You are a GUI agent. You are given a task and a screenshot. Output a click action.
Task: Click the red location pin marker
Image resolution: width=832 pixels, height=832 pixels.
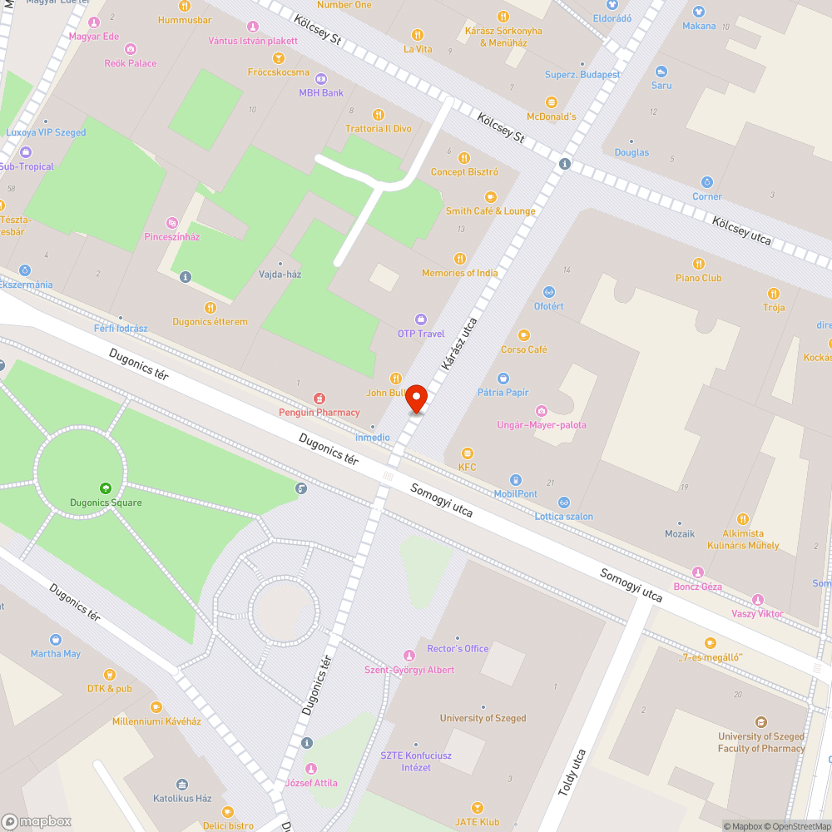tap(416, 399)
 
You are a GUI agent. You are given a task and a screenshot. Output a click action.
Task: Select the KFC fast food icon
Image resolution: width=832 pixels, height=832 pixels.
tap(468, 453)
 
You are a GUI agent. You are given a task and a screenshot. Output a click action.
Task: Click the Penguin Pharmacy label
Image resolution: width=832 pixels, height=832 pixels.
tap(319, 412)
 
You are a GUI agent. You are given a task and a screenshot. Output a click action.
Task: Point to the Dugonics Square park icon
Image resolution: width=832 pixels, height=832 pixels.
tap(105, 488)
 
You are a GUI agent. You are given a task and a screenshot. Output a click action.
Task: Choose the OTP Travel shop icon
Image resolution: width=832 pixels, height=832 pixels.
tap(421, 319)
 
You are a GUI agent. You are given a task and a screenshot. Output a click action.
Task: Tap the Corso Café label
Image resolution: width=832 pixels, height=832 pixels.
tap(524, 349)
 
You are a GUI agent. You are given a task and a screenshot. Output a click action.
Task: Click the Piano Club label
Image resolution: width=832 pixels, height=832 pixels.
tap(699, 278)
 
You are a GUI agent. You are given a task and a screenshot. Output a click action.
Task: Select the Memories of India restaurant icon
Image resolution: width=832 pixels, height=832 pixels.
tap(459, 259)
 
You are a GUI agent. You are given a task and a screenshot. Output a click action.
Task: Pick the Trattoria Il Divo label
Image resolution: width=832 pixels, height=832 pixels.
tap(379, 129)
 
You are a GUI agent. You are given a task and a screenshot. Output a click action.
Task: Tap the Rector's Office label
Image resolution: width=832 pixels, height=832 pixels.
tap(458, 649)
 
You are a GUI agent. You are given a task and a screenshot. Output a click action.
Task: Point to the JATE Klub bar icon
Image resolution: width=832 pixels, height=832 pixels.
tap(478, 808)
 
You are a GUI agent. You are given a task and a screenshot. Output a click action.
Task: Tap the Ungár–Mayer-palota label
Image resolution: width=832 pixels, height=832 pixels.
tap(542, 425)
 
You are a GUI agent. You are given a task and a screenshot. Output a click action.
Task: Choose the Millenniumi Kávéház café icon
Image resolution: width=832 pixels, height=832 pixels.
tap(156, 707)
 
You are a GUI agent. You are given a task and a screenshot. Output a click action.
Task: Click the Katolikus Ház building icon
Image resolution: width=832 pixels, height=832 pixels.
tap(182, 785)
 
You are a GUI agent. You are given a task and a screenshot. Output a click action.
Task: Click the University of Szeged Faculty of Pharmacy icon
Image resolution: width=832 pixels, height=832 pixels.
tap(761, 722)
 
